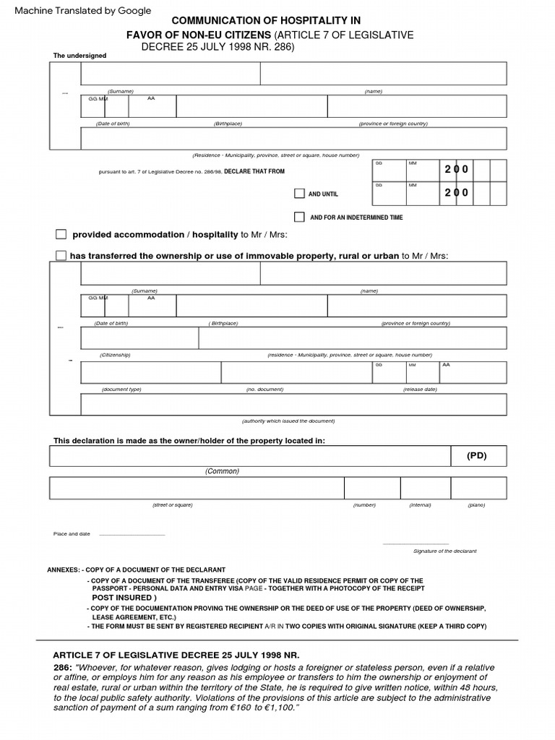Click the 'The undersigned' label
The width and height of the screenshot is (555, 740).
tap(79, 56)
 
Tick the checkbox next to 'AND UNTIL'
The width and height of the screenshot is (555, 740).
tap(299, 194)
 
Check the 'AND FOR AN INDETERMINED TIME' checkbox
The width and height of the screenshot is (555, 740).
tap(299, 217)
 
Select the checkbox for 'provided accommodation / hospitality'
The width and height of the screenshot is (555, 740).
tap(61, 235)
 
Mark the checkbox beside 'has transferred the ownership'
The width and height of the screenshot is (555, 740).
tap(61, 255)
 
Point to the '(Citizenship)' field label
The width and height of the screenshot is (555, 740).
tap(115, 355)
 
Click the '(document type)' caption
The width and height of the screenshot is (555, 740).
tap(121, 390)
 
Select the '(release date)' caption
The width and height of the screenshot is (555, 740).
tap(420, 390)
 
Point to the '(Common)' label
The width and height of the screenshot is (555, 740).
tap(222, 471)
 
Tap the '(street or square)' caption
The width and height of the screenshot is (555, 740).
tap(172, 505)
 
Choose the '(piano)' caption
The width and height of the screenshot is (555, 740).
tap(476, 505)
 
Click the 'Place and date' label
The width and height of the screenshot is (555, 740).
tap(72, 534)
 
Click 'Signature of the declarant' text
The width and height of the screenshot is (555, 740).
tap(444, 551)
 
